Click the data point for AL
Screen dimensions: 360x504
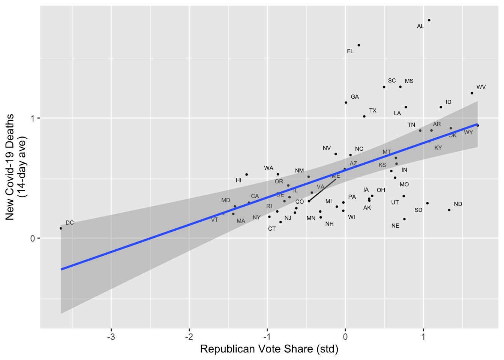coord(429,20)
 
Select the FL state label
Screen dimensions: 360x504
coord(350,51)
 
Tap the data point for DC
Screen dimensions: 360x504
coord(61,228)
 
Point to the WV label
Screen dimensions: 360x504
coord(481,87)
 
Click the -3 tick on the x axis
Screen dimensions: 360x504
coord(111,337)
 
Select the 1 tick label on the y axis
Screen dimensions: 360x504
coord(33,118)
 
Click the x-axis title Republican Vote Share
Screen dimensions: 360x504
coord(269,349)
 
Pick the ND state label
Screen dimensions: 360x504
coord(458,204)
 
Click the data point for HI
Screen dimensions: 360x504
coord(246,175)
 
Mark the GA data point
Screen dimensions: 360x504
coord(346,103)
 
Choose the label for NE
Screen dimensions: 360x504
coord(395,226)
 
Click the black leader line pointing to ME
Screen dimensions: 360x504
coord(322,190)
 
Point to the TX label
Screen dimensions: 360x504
coord(373,111)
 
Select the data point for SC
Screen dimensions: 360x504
coord(384,87)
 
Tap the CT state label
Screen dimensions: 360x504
coord(272,229)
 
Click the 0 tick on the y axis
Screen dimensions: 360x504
coord(33,238)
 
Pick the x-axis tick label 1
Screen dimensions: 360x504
coord(423,337)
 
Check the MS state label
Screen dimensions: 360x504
coord(409,81)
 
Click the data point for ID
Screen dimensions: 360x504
coord(441,107)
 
